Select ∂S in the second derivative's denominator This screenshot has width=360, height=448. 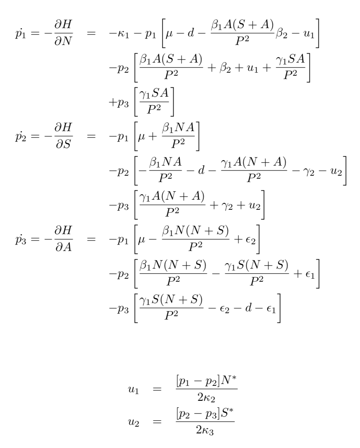pyautogui.click(x=63, y=144)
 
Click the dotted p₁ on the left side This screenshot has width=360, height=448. pyautogui.click(x=21, y=34)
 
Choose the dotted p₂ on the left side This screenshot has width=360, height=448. pyautogui.click(x=21, y=137)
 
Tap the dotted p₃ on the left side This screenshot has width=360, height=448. pyautogui.click(x=21, y=240)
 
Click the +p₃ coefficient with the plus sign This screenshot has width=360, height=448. pyautogui.click(x=119, y=103)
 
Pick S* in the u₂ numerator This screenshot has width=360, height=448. pyautogui.click(x=227, y=414)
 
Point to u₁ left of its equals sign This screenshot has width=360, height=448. pyautogui.click(x=133, y=390)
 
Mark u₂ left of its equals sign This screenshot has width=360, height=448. pyautogui.click(x=133, y=422)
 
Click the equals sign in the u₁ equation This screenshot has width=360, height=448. pyautogui.click(x=157, y=389)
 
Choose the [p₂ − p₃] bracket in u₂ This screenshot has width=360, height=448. pyautogui.click(x=198, y=414)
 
